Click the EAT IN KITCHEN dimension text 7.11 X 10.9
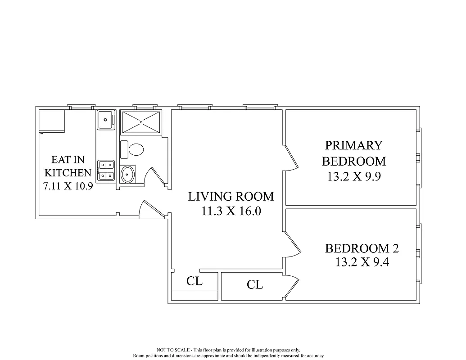68,186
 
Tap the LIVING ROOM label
231,197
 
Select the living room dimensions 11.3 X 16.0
231,211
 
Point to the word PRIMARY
353,145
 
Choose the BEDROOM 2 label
362,248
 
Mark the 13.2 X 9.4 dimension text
362,262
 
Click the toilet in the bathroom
135,149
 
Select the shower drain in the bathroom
141,121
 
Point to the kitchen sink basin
105,120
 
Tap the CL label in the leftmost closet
195,282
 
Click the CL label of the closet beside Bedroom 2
255,284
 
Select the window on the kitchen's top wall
81,107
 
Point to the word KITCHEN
68,172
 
